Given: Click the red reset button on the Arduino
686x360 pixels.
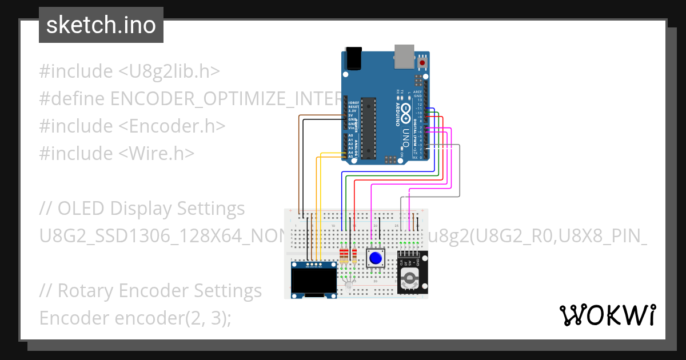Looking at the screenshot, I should click(x=422, y=62).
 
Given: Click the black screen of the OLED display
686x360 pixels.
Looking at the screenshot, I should click(x=313, y=280).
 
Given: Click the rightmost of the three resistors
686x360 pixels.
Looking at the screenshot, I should click(x=354, y=255).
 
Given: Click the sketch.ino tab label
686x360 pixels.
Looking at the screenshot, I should click(x=101, y=25).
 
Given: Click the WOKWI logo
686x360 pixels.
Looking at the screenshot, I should click(x=607, y=315).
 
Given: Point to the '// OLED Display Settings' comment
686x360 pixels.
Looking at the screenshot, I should click(x=142, y=209).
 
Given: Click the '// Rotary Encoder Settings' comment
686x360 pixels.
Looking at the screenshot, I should click(x=150, y=291).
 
